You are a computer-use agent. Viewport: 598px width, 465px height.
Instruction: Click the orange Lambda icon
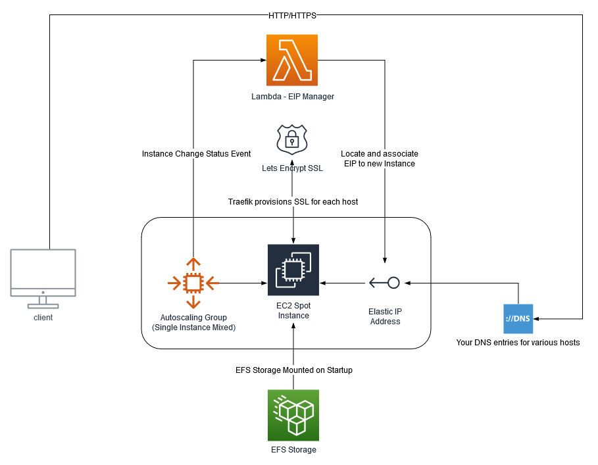coord(292,61)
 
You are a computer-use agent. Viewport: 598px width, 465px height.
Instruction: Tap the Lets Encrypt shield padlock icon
coord(293,139)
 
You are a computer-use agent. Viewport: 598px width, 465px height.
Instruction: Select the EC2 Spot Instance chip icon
coord(293,270)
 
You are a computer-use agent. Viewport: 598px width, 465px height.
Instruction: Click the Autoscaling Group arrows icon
coord(193,283)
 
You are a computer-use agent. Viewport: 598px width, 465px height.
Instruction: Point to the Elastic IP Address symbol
coord(385,283)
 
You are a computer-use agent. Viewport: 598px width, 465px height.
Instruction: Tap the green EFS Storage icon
coord(293,415)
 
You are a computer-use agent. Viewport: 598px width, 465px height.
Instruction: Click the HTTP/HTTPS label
coord(293,15)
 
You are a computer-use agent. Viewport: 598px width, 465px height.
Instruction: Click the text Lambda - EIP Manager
coord(293,97)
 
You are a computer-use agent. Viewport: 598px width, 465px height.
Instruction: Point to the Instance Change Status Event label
coord(196,154)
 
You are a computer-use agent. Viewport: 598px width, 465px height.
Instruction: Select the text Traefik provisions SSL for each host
coord(293,201)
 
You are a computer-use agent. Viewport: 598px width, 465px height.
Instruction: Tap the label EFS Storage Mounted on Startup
coord(293,370)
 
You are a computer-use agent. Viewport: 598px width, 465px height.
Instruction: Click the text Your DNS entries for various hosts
coord(518,343)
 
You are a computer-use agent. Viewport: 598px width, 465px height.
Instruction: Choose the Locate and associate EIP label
coord(380,159)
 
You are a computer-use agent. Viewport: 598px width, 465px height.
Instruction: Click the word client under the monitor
coord(43,318)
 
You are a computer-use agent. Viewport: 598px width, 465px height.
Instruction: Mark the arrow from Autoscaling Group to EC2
coord(243,283)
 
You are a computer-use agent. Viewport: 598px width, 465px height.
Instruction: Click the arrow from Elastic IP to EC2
coord(342,283)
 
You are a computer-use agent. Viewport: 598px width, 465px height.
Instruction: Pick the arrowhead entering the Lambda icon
coord(262,61)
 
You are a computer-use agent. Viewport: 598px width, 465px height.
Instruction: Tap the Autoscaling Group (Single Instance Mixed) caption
coord(193,322)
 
